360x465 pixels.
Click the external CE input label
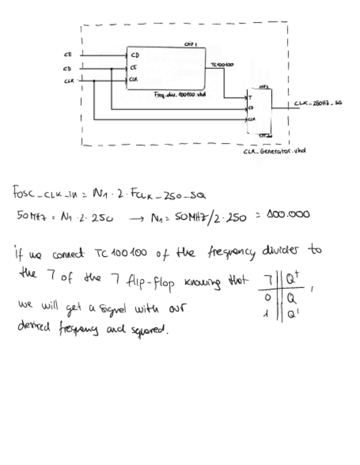pyautogui.click(x=67, y=55)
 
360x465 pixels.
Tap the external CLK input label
pyautogui.click(x=68, y=81)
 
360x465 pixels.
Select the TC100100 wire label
pyautogui.click(x=222, y=65)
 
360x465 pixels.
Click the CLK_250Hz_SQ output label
pyautogui.click(x=318, y=103)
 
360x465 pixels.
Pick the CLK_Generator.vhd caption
pyautogui.click(x=274, y=151)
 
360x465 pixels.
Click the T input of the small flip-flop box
pyautogui.click(x=250, y=98)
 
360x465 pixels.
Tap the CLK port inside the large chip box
pyautogui.click(x=134, y=80)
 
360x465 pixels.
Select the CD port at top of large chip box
pyautogui.click(x=134, y=55)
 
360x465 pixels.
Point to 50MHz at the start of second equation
pyautogui.click(x=27, y=216)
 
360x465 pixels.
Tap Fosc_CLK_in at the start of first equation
pyautogui.click(x=38, y=194)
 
